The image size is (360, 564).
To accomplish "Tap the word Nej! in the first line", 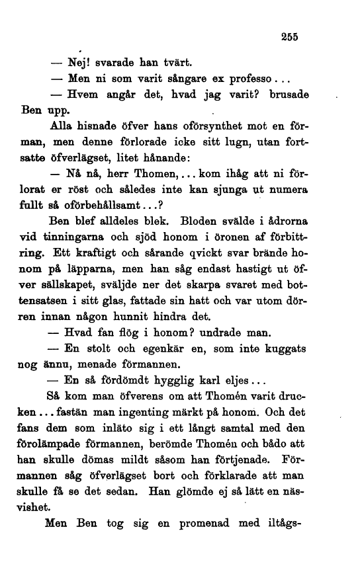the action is point(74,63).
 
